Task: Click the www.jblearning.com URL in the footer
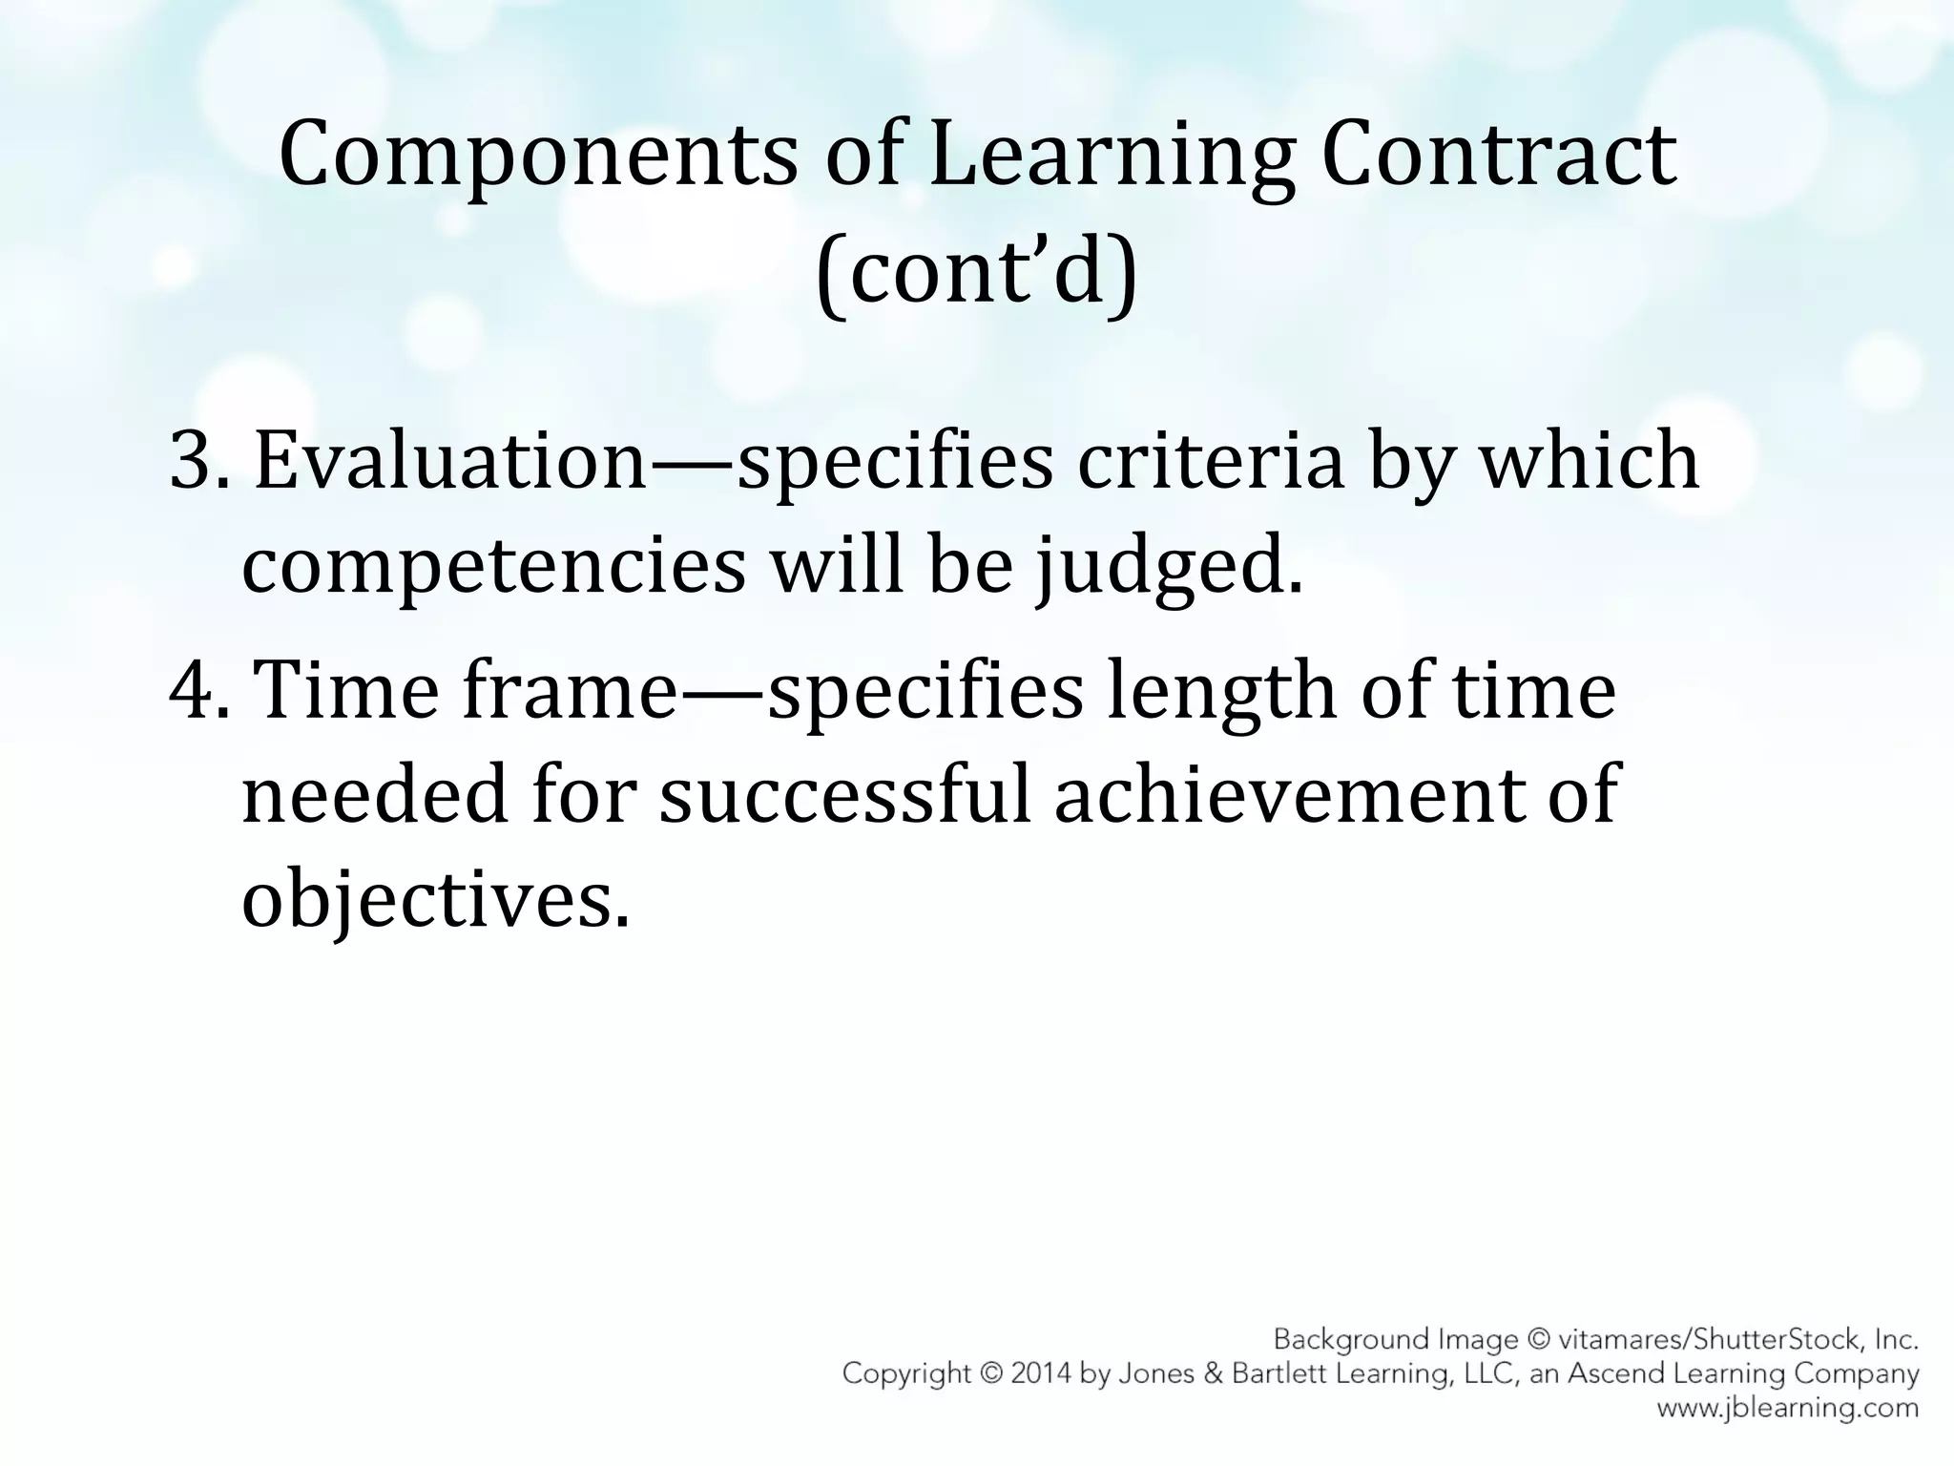(1787, 1408)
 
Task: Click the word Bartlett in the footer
(1281, 1374)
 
